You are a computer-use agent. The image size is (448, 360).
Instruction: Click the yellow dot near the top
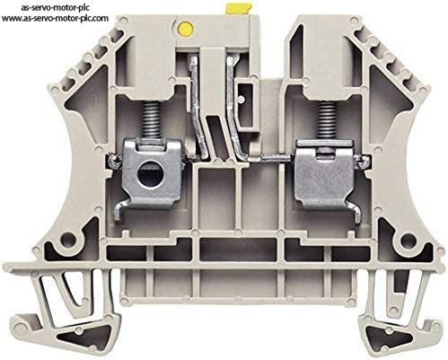point(185,28)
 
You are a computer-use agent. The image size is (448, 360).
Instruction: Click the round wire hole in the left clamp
point(148,171)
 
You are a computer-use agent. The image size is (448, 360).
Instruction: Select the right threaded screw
point(328,121)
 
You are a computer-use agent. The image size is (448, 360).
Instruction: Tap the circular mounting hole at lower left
point(68,240)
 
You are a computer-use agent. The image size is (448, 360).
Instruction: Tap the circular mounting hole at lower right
point(408,240)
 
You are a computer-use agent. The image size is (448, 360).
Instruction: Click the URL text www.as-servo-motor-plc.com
point(55,18)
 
